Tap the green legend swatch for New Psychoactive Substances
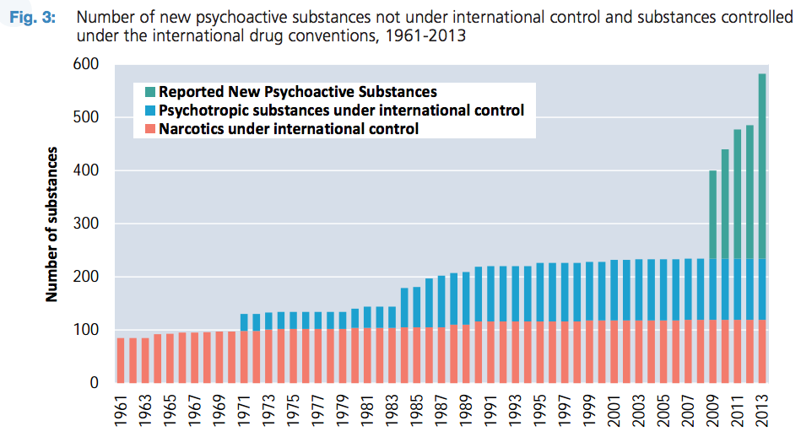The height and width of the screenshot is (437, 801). pyautogui.click(x=149, y=92)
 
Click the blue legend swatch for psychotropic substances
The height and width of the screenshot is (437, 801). pyautogui.click(x=149, y=111)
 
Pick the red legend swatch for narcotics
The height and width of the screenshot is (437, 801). pyautogui.click(x=149, y=129)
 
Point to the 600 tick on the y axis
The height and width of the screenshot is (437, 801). pyautogui.click(x=87, y=65)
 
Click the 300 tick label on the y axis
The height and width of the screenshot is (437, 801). pyautogui.click(x=87, y=224)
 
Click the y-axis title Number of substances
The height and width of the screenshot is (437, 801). pyautogui.click(x=52, y=224)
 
